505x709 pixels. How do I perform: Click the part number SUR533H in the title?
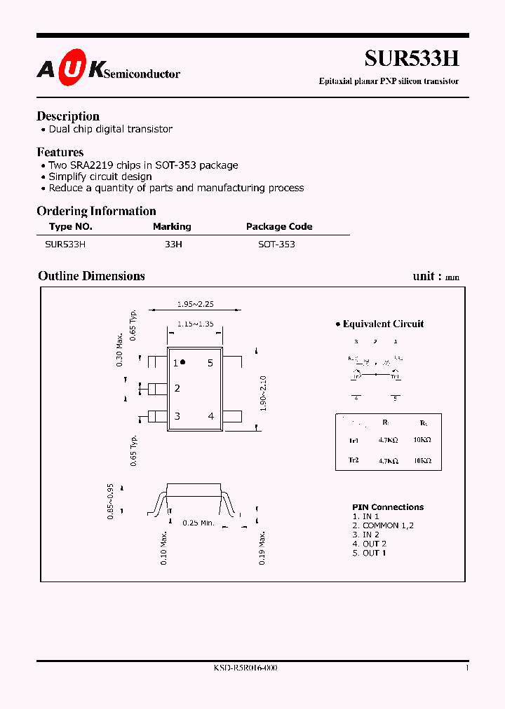click(x=412, y=59)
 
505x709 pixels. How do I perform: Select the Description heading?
click(x=68, y=116)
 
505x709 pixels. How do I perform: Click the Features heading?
click(x=60, y=152)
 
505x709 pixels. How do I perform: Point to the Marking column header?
click(x=172, y=226)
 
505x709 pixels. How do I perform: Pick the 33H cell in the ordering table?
click(x=173, y=245)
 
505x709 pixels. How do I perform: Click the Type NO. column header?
click(x=71, y=226)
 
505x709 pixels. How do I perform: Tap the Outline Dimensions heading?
click(x=91, y=276)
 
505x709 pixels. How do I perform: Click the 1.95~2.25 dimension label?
click(x=195, y=304)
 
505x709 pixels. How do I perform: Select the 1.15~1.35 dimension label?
click(x=195, y=324)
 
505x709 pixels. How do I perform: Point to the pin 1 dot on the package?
click(x=183, y=362)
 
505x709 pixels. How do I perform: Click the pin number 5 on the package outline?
click(x=210, y=363)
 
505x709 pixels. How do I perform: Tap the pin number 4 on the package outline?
click(x=210, y=416)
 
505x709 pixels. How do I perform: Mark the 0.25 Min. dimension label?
click(x=198, y=523)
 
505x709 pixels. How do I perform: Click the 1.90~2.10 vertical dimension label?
click(x=263, y=393)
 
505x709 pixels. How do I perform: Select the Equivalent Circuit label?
click(x=383, y=324)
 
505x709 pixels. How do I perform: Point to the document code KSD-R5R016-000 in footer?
click(x=245, y=668)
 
